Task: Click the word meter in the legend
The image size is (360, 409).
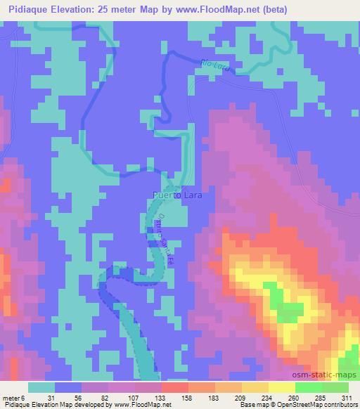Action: [x=11, y=398]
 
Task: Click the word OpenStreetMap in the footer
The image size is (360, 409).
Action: [x=295, y=405]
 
